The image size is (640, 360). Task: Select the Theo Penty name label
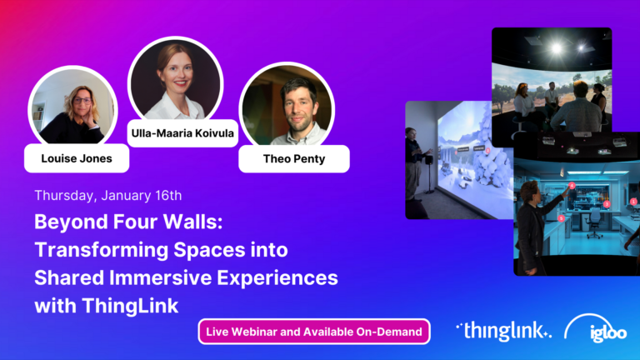pyautogui.click(x=293, y=157)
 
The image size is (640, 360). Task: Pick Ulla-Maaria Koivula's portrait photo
pyautogui.click(x=176, y=82)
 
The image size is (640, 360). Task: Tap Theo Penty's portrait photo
pyautogui.click(x=287, y=109)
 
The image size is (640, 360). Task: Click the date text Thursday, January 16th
pyautogui.click(x=108, y=196)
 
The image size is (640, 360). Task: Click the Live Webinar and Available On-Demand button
pyautogui.click(x=313, y=332)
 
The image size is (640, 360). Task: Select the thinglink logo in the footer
pyautogui.click(x=503, y=331)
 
